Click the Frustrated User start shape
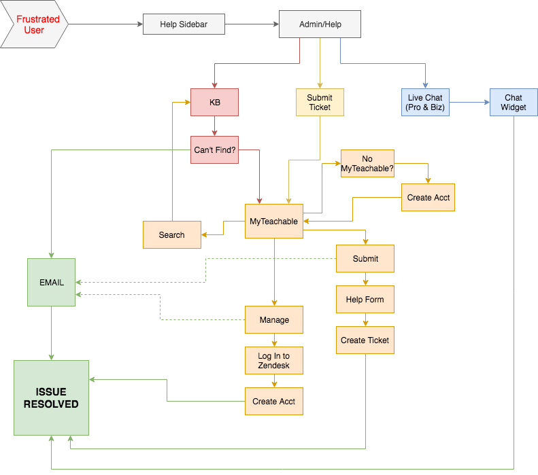point(34,24)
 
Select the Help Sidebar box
point(183,24)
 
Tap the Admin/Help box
point(320,24)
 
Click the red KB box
point(215,102)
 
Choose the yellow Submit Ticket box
point(319,102)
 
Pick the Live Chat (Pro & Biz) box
point(424,102)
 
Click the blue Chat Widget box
point(513,102)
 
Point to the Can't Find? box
point(215,149)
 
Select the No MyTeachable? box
point(367,163)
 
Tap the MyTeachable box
point(273,221)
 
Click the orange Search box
point(171,234)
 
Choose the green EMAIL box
point(51,282)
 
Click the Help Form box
point(365,299)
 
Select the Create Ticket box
point(365,340)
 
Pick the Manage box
point(273,319)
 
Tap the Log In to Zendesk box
point(273,360)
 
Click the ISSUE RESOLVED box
point(51,398)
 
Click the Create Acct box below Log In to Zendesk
point(273,401)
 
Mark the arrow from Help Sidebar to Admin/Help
point(252,24)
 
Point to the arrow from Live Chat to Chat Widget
point(469,102)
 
